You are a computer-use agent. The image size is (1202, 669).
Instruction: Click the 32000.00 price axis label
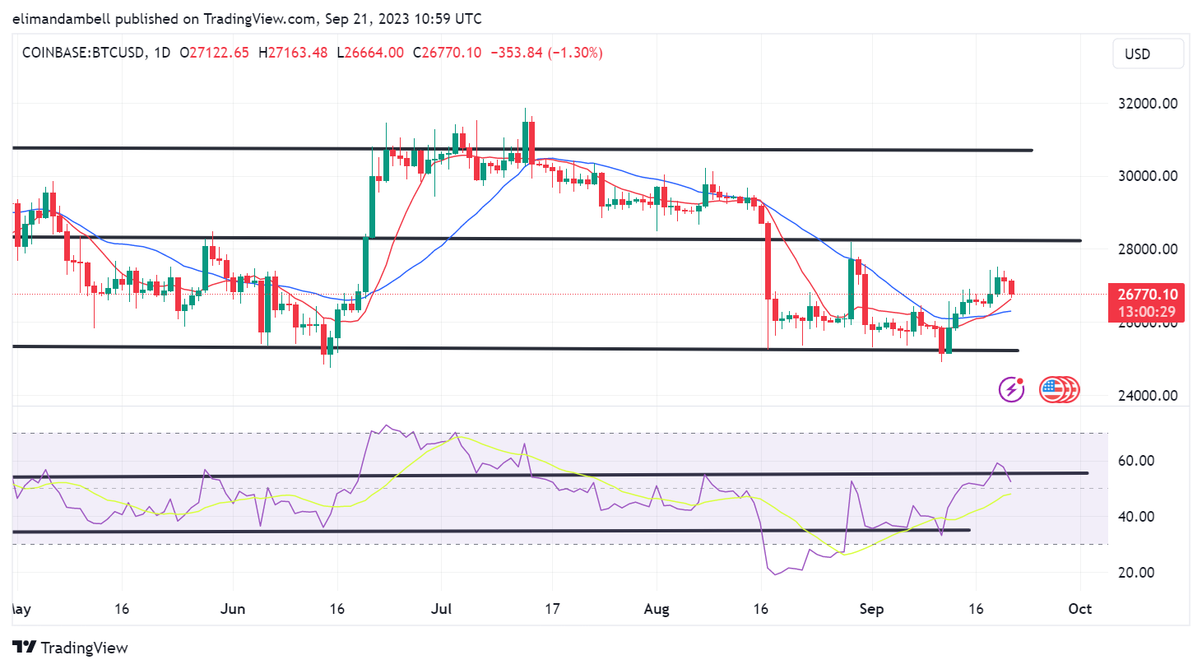click(1148, 104)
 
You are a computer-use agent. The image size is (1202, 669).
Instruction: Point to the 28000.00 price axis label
click(1148, 249)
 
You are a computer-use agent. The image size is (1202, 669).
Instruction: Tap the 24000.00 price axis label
click(1148, 395)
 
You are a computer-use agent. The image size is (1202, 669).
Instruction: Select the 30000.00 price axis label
click(1148, 176)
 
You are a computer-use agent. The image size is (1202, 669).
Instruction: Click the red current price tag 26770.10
click(1148, 295)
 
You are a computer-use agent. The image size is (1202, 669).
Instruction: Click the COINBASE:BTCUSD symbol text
click(82, 53)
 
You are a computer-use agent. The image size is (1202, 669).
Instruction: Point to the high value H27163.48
click(293, 53)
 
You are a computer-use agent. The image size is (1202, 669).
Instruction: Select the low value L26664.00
click(370, 53)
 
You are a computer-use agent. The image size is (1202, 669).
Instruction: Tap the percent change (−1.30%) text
click(576, 53)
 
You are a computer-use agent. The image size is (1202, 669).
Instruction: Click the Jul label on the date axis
click(442, 609)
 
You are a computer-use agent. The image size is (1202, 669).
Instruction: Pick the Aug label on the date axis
click(657, 609)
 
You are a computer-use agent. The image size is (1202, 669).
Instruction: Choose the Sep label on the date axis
click(871, 609)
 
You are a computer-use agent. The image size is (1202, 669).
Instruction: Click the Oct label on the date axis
click(1079, 609)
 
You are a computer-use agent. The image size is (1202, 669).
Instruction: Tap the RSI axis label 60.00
click(1136, 461)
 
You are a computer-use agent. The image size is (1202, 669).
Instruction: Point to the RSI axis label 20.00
click(1136, 573)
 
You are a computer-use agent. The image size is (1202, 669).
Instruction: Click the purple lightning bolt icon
click(1011, 389)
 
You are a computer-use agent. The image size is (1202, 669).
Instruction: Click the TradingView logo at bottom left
click(71, 648)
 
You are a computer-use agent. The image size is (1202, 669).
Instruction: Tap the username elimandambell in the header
click(62, 18)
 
